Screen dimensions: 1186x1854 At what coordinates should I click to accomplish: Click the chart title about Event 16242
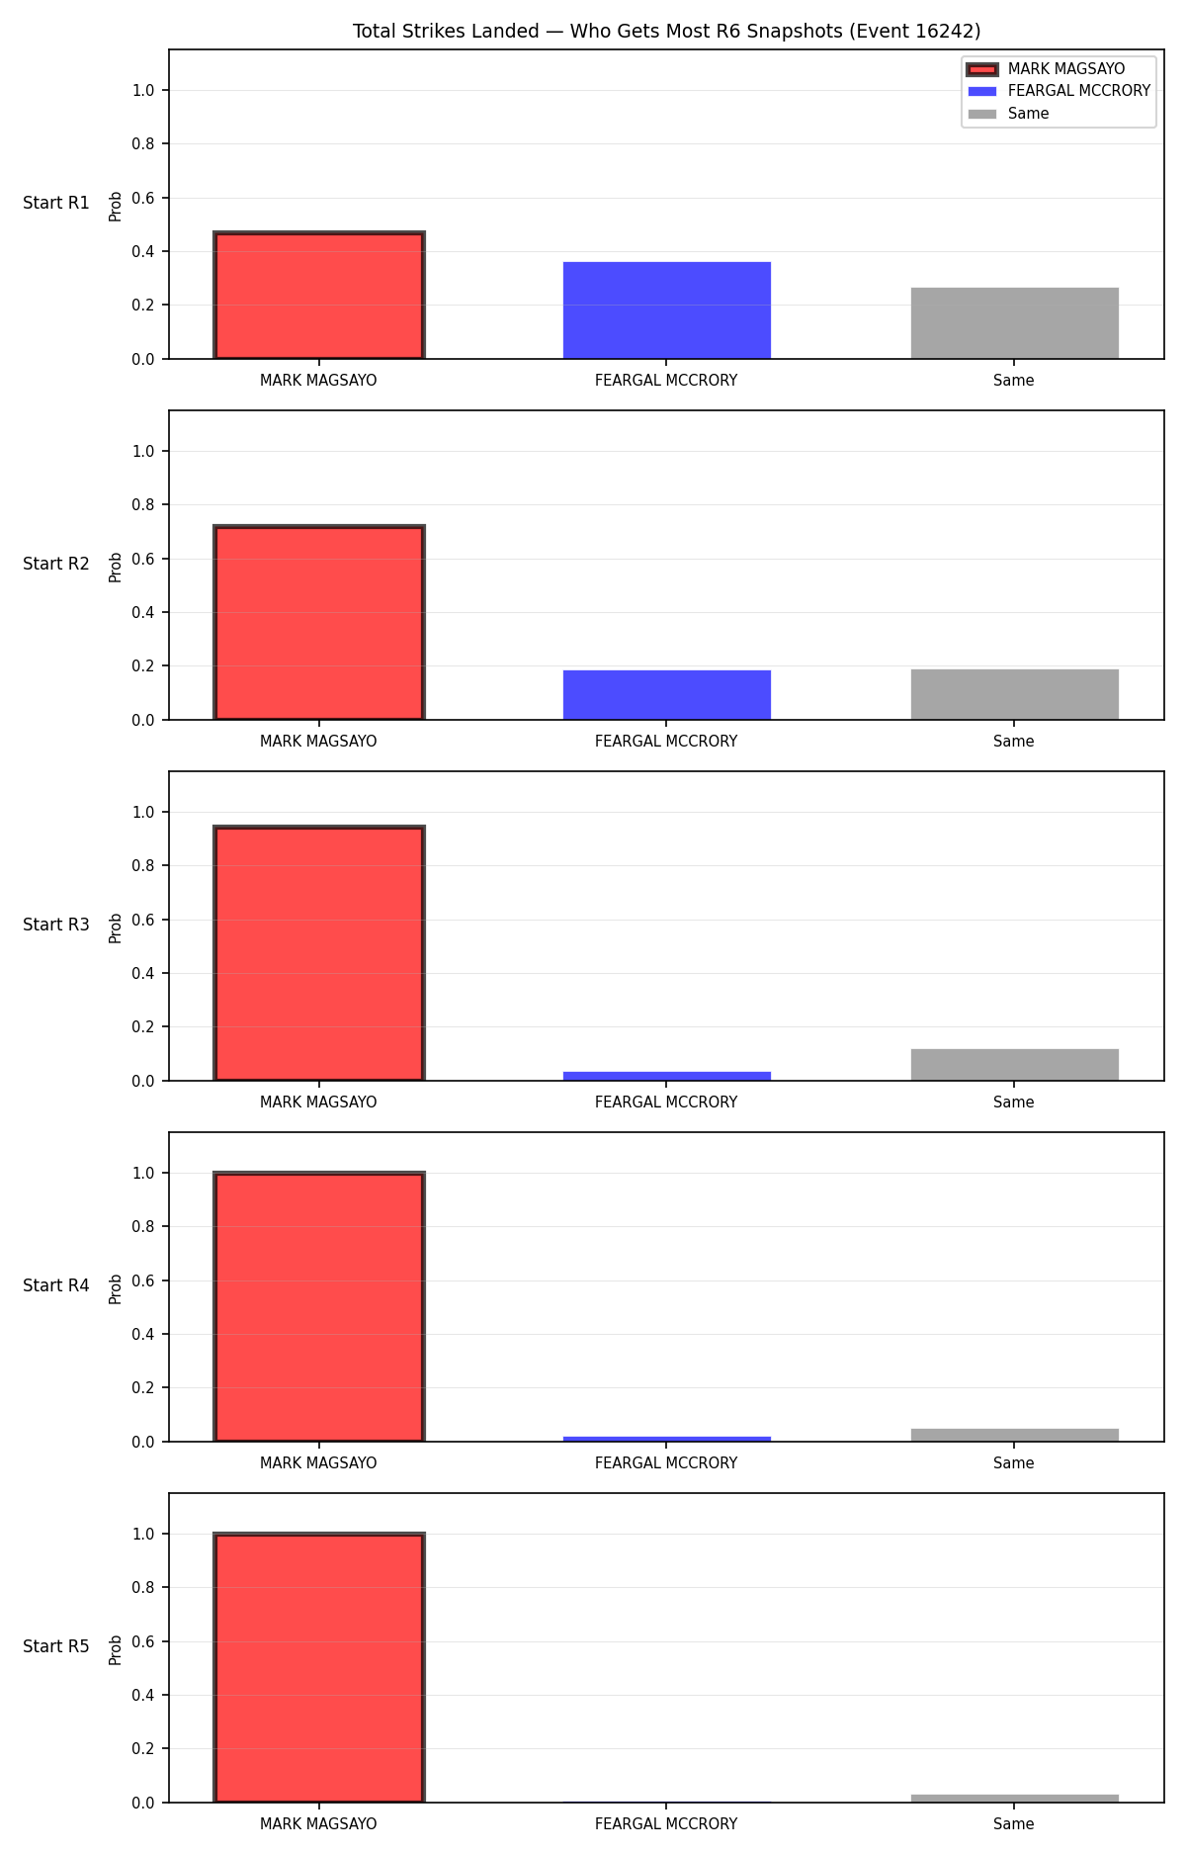click(x=666, y=31)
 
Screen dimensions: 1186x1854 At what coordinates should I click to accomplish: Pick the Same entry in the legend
click(x=1009, y=114)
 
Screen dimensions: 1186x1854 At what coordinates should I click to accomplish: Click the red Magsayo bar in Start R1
click(x=319, y=295)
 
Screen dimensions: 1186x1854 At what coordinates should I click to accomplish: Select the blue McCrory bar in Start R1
click(x=667, y=309)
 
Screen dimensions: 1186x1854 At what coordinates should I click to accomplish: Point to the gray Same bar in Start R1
click(x=1015, y=323)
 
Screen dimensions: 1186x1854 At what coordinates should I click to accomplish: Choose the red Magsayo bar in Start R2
click(x=319, y=623)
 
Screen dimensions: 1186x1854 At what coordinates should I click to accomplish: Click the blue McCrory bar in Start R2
click(x=667, y=695)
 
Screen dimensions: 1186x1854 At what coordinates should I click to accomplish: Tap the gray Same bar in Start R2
click(x=1015, y=694)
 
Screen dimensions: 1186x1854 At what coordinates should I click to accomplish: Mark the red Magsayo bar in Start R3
click(x=319, y=953)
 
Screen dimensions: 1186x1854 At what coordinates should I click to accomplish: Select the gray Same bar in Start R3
click(x=1015, y=1065)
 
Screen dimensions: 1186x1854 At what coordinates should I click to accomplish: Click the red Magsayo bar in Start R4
click(x=319, y=1307)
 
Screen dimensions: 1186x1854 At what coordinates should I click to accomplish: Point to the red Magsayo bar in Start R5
click(x=319, y=1668)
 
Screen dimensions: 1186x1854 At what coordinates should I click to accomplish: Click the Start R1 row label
click(x=56, y=203)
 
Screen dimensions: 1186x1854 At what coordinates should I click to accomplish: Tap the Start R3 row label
click(x=56, y=925)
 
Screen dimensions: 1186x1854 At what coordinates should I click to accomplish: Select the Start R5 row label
click(x=56, y=1646)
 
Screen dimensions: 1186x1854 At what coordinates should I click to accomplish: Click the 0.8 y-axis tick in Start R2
click(x=143, y=504)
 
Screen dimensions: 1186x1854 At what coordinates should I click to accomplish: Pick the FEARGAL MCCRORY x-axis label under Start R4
click(x=666, y=1462)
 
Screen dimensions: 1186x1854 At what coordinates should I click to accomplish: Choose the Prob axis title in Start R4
click(x=116, y=1288)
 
